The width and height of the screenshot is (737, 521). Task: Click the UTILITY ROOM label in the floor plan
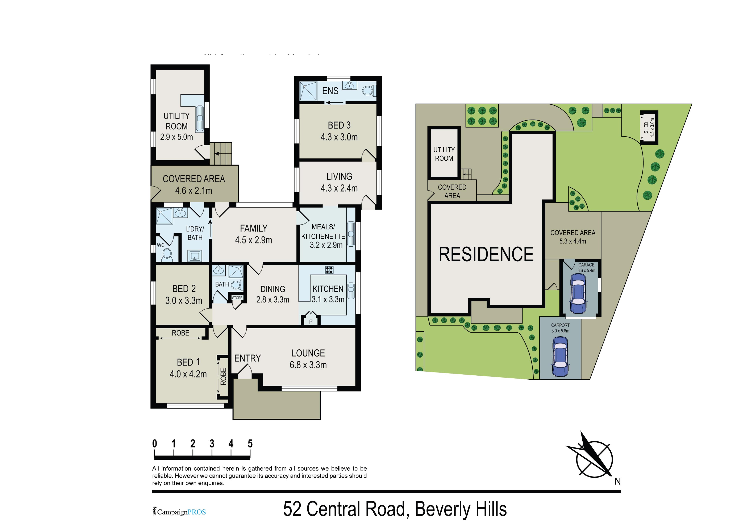(x=176, y=121)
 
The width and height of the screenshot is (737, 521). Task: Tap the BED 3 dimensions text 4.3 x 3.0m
(x=339, y=137)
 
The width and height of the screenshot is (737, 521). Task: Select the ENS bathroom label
(x=330, y=91)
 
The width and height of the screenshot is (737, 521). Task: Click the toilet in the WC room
(x=167, y=255)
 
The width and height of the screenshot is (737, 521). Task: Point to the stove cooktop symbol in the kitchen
(x=329, y=270)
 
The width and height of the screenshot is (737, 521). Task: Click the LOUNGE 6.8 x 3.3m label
(x=308, y=359)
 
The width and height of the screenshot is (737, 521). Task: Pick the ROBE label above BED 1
(x=180, y=333)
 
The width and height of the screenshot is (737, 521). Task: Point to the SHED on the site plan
(x=649, y=128)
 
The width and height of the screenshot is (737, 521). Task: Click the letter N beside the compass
(x=618, y=482)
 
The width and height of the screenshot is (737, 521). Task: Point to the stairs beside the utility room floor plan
(x=221, y=153)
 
